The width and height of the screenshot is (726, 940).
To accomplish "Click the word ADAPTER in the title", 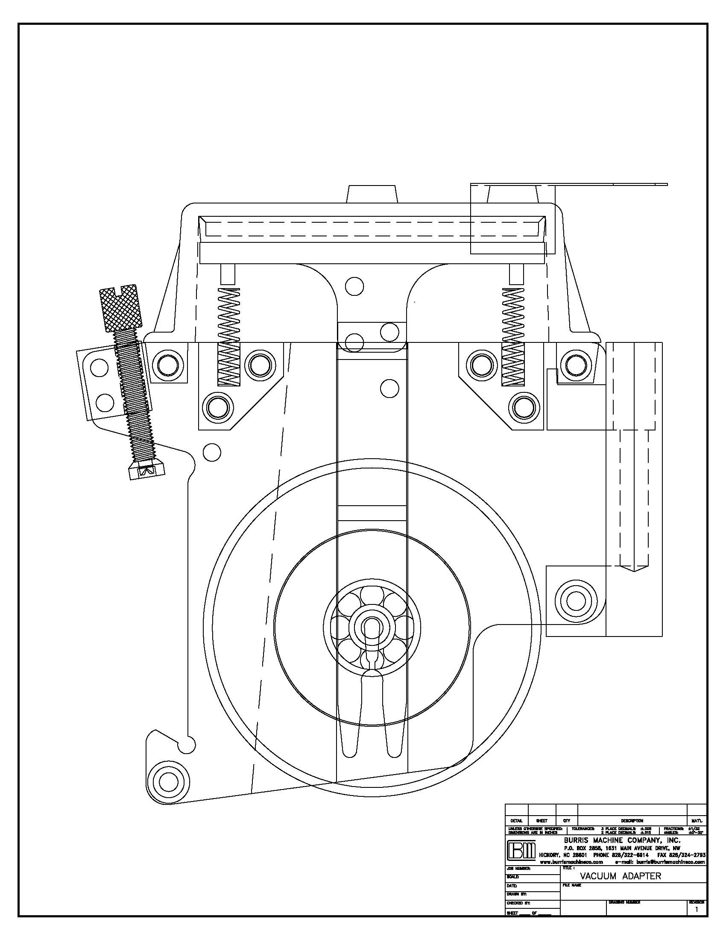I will [x=641, y=876].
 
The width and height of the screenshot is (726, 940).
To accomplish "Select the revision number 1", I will [x=697, y=910].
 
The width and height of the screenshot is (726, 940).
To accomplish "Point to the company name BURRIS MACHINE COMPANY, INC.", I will [x=622, y=840].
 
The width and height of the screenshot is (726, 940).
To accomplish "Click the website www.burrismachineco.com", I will [x=571, y=862].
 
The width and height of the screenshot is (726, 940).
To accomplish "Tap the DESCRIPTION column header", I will [x=632, y=821].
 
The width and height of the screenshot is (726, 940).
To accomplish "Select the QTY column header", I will [x=566, y=821].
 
